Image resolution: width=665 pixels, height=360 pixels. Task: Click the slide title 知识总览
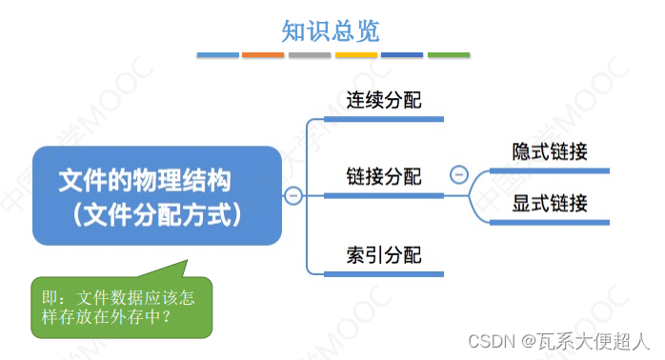point(331,30)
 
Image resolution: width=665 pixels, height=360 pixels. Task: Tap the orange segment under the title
point(263,55)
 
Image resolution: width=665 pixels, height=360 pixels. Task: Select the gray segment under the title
point(310,55)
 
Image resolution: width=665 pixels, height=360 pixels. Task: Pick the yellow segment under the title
point(356,55)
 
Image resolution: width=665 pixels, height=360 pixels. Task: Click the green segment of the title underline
point(448,55)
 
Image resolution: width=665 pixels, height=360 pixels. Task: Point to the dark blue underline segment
point(402,55)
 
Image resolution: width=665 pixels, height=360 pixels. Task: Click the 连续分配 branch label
point(383,100)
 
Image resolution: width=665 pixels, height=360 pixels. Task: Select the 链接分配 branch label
point(383,176)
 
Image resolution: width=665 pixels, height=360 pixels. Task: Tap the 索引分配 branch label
point(383,254)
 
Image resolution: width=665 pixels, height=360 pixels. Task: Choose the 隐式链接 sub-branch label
point(550,152)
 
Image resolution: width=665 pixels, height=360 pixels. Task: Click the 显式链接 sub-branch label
point(550,203)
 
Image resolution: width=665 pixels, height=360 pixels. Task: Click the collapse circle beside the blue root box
point(293,196)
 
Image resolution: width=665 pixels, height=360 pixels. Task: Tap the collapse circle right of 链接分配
point(458,175)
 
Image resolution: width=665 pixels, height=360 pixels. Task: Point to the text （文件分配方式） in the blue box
point(158,213)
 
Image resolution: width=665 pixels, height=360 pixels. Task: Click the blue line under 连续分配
point(383,119)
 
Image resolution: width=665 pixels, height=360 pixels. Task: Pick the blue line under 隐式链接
point(550,171)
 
